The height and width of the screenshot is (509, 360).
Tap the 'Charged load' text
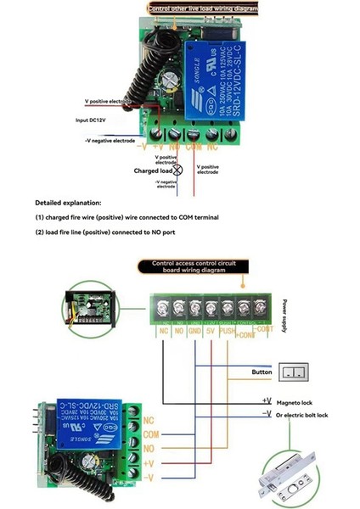(153, 171)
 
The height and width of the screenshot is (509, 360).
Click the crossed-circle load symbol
(177, 171)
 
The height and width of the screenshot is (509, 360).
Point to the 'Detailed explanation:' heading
(68, 204)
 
